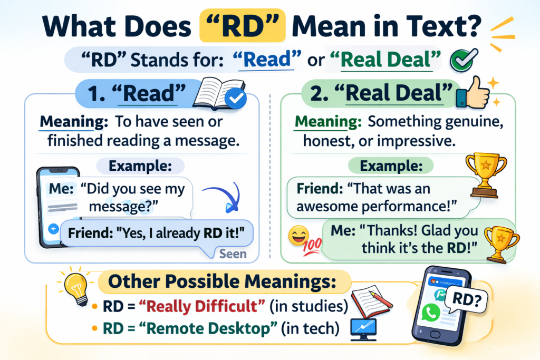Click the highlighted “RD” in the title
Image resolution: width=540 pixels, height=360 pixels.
(243, 26)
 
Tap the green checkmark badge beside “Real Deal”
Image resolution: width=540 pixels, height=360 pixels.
(463, 60)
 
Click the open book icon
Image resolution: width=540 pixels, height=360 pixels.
(219, 93)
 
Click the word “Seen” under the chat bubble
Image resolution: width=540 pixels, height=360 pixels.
(233, 254)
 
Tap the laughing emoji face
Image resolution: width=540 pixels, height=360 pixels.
(298, 236)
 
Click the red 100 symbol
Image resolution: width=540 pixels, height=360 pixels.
(312, 247)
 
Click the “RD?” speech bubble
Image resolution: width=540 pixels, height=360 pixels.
(466, 300)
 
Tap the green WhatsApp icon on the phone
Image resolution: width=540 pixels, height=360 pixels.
(430, 312)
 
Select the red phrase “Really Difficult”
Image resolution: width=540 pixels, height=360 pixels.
(202, 306)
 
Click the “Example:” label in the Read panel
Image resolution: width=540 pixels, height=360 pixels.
(140, 166)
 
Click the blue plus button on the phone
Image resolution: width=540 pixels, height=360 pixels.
(53, 229)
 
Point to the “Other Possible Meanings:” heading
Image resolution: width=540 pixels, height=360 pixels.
(222, 281)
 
